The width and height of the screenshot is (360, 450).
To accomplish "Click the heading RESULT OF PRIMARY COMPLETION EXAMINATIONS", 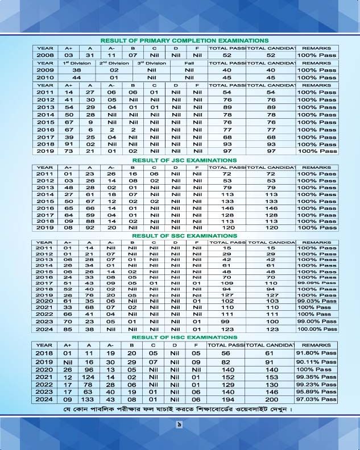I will [184, 41].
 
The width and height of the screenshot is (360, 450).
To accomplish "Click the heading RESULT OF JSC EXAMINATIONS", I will [184, 160].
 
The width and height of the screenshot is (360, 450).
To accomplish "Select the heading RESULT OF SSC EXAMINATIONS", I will [184, 235].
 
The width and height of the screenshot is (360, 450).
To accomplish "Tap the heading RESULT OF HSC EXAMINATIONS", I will [184, 338].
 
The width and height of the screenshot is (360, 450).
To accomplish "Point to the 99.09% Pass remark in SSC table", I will [317, 282].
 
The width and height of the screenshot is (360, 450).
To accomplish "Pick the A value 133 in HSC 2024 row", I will [88, 399].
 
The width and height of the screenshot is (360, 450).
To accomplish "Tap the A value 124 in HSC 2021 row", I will [88, 376].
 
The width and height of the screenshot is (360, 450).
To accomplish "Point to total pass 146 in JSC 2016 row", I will [227, 209].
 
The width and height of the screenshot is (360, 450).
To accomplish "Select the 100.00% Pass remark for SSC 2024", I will [317, 328].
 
